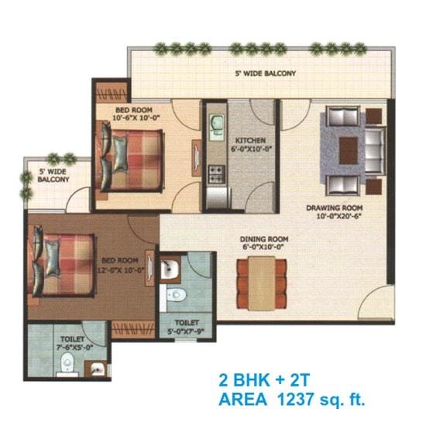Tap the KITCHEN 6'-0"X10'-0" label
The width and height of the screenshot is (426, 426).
coord(249,145)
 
